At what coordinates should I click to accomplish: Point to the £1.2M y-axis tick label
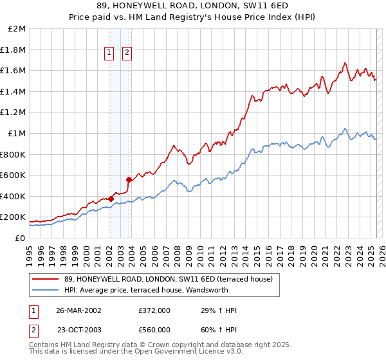[14, 113]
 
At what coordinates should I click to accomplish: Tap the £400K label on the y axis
[14, 196]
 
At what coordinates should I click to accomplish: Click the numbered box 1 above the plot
[110, 53]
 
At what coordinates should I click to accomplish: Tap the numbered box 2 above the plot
[127, 53]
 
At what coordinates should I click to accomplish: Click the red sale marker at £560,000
[129, 179]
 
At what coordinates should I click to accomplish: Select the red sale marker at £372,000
[111, 199]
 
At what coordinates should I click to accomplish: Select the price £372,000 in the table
[154, 310]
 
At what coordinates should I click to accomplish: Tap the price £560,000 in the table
[154, 330]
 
